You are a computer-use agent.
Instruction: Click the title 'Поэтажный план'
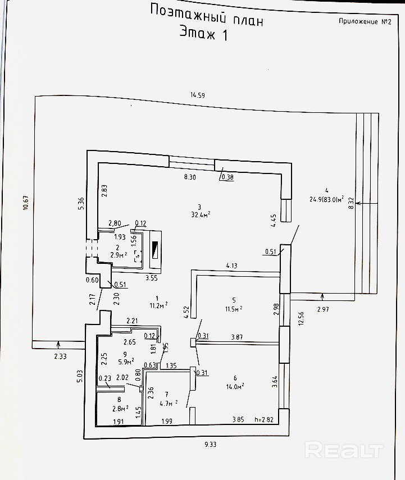207,15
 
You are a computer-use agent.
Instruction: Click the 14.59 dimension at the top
197,95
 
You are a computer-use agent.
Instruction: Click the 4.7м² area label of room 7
168,402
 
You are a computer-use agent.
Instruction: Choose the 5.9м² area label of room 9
125,361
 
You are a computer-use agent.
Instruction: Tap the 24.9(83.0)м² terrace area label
326,199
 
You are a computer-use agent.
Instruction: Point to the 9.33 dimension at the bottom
211,445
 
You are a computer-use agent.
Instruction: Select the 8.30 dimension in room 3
190,177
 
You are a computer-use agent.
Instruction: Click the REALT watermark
344,450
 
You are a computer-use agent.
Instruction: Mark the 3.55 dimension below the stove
151,277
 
